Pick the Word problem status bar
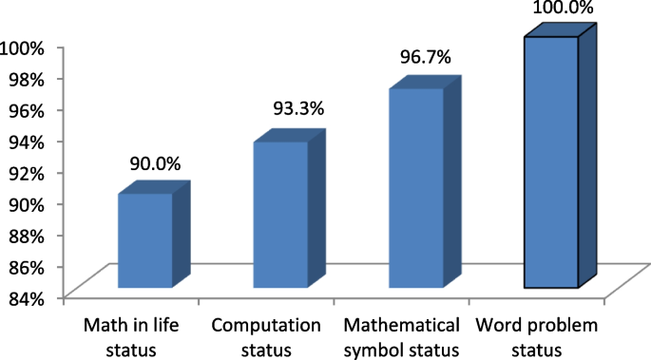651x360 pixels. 551,162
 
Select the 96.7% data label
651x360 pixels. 426,58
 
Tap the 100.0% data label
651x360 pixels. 562,9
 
